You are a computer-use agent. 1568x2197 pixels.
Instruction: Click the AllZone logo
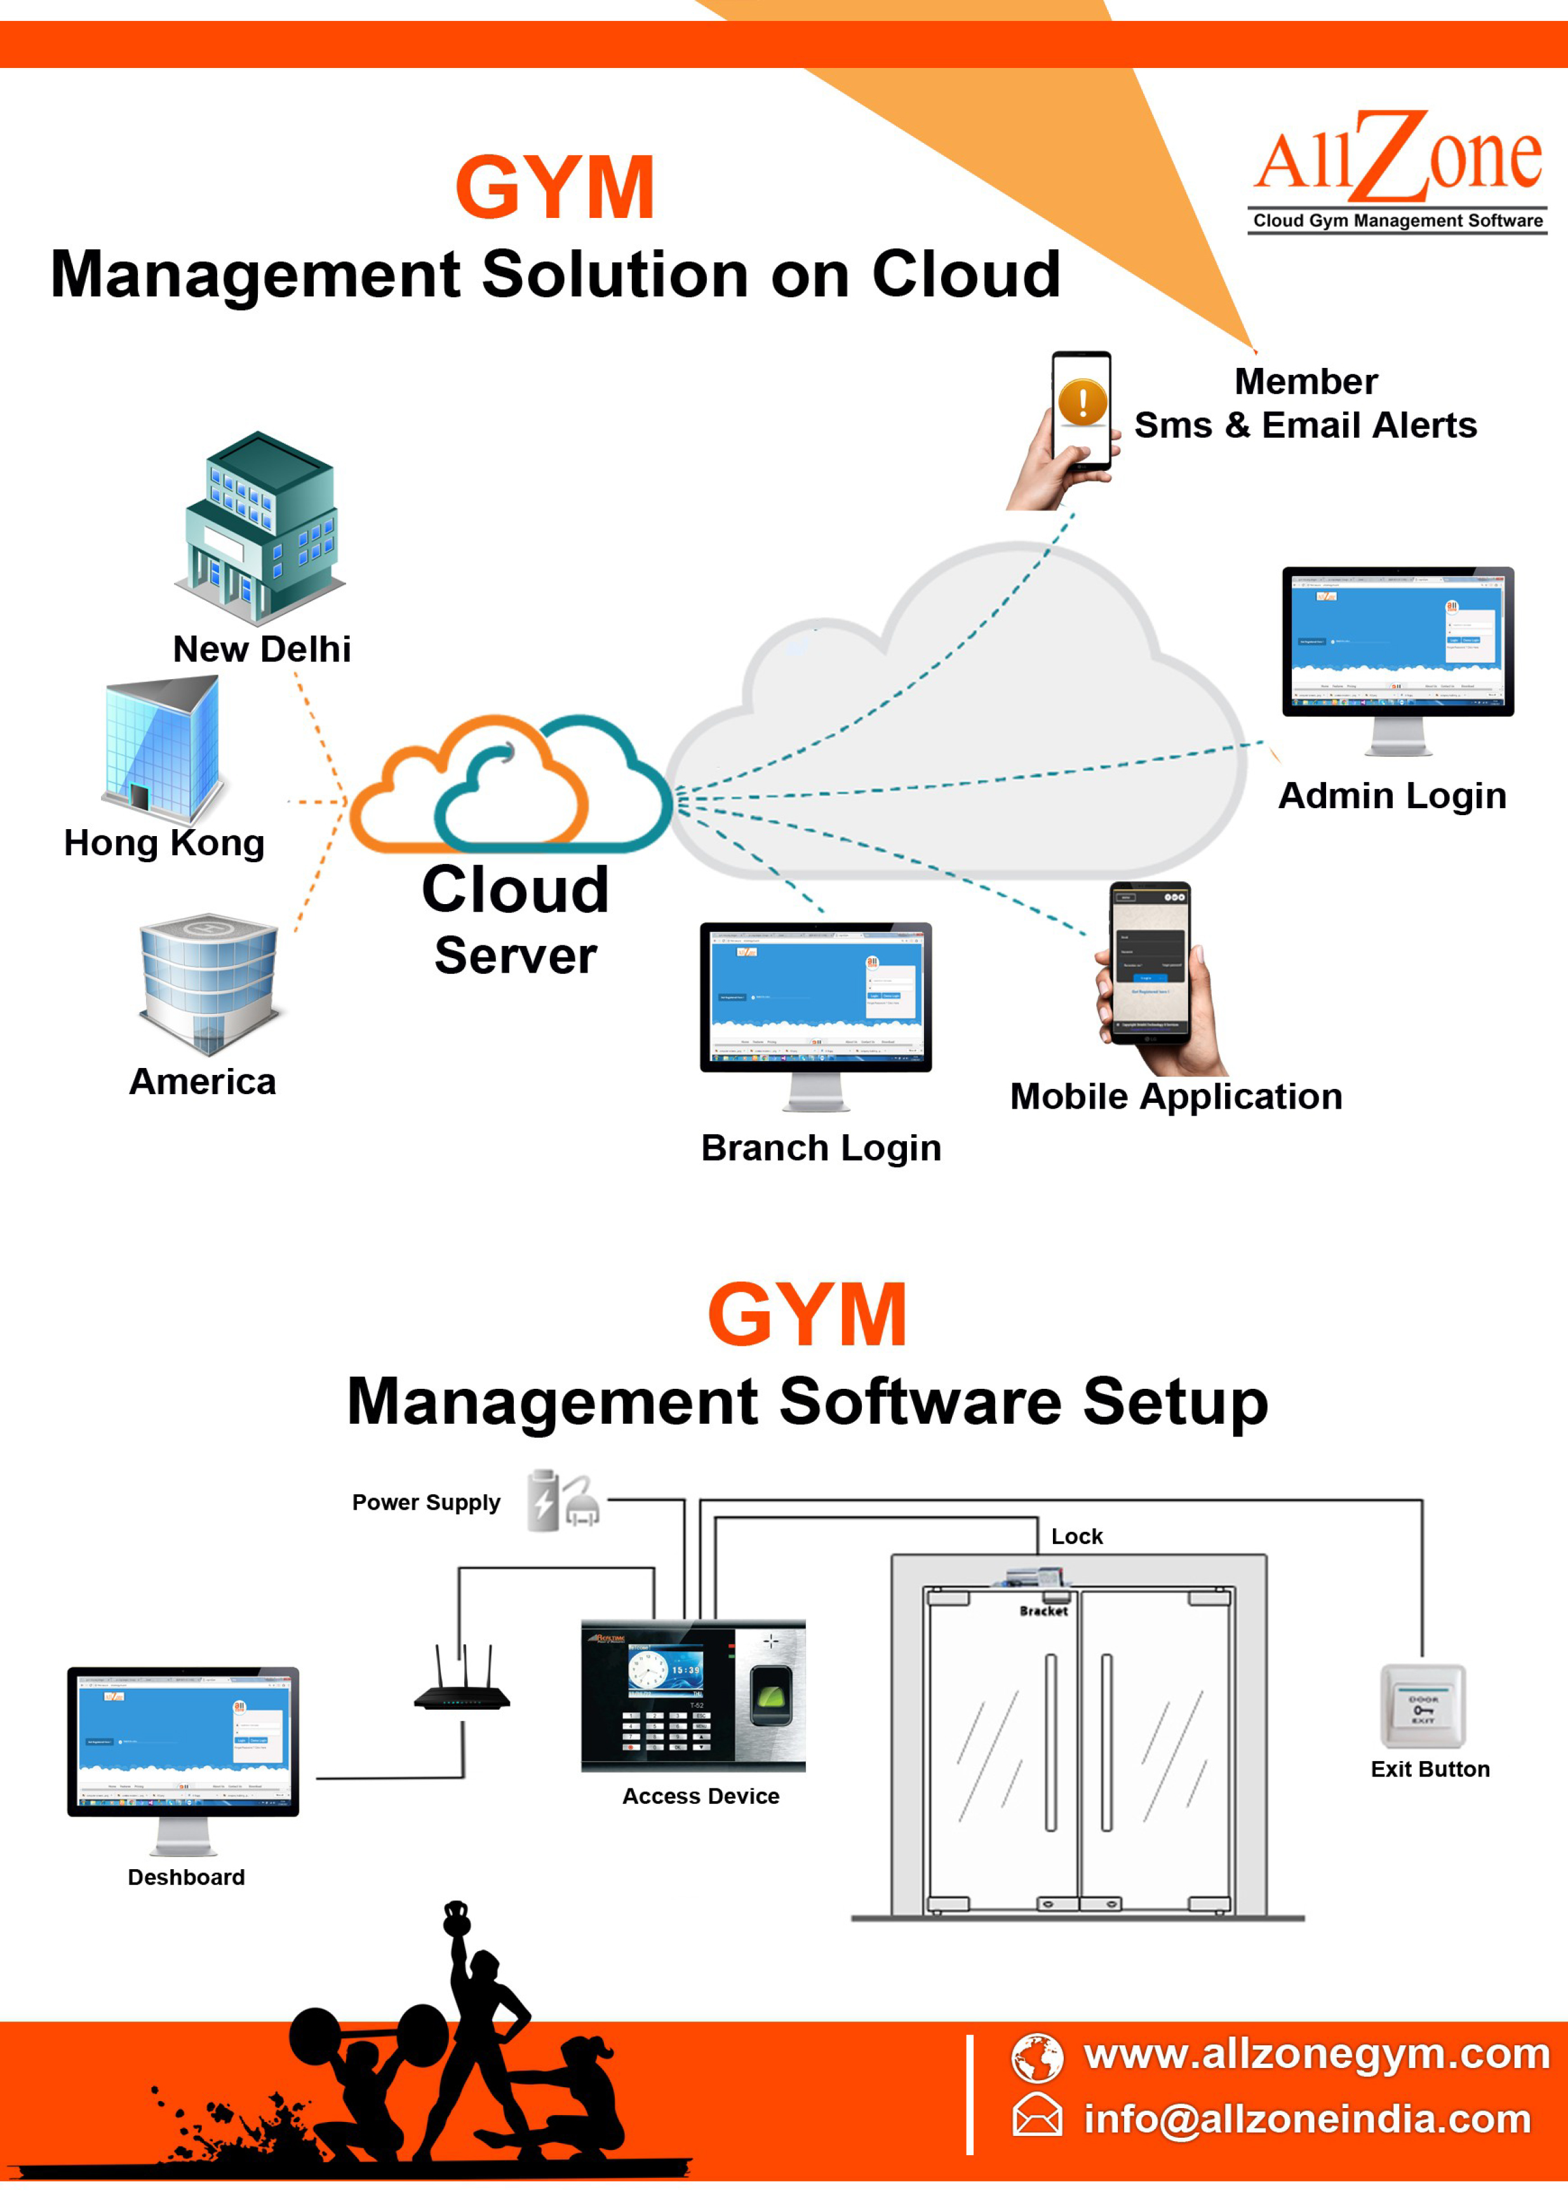tap(1397, 169)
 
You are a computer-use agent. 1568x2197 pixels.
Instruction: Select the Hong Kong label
tap(164, 843)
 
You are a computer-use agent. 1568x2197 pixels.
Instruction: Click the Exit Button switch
tap(1422, 1707)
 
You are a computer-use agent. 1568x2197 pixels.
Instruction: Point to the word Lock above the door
tap(1076, 1536)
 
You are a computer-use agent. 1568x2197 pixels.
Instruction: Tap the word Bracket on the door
tap(1043, 1611)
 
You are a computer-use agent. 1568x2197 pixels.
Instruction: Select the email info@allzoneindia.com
tap(1308, 2119)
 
